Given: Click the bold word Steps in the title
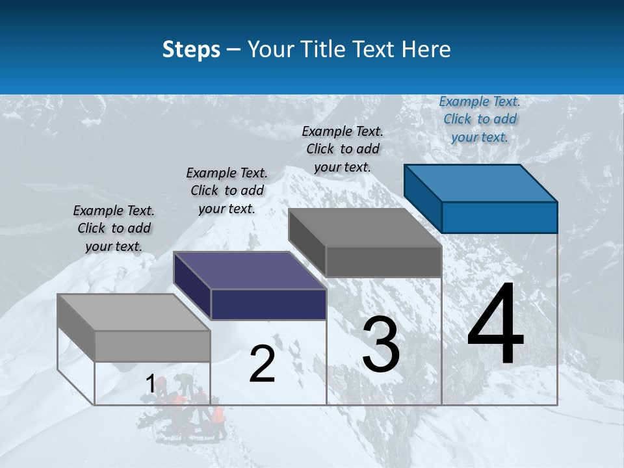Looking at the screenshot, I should pos(191,49).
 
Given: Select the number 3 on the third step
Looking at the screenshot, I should pos(381,344).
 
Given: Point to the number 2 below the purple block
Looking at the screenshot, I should pos(262,364).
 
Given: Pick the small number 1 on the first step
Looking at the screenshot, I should pos(150,384).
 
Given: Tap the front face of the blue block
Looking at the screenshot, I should pos(499,217).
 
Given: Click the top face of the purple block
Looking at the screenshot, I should pos(250,270).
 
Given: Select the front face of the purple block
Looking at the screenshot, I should pos(268,304).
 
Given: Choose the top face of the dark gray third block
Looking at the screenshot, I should pos(365,227).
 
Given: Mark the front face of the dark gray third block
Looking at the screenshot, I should pos(383,262).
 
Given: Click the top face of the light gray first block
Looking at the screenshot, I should pos(133,312).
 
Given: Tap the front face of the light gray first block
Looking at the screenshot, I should pos(152,346).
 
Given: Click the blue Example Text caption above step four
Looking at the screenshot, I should pos(480,119).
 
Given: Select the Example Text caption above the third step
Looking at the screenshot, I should pos(343,149).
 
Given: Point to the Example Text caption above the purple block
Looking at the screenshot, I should pos(227,190).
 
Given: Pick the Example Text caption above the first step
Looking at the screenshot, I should pos(114,228).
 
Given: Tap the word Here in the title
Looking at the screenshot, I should pos(428,49).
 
